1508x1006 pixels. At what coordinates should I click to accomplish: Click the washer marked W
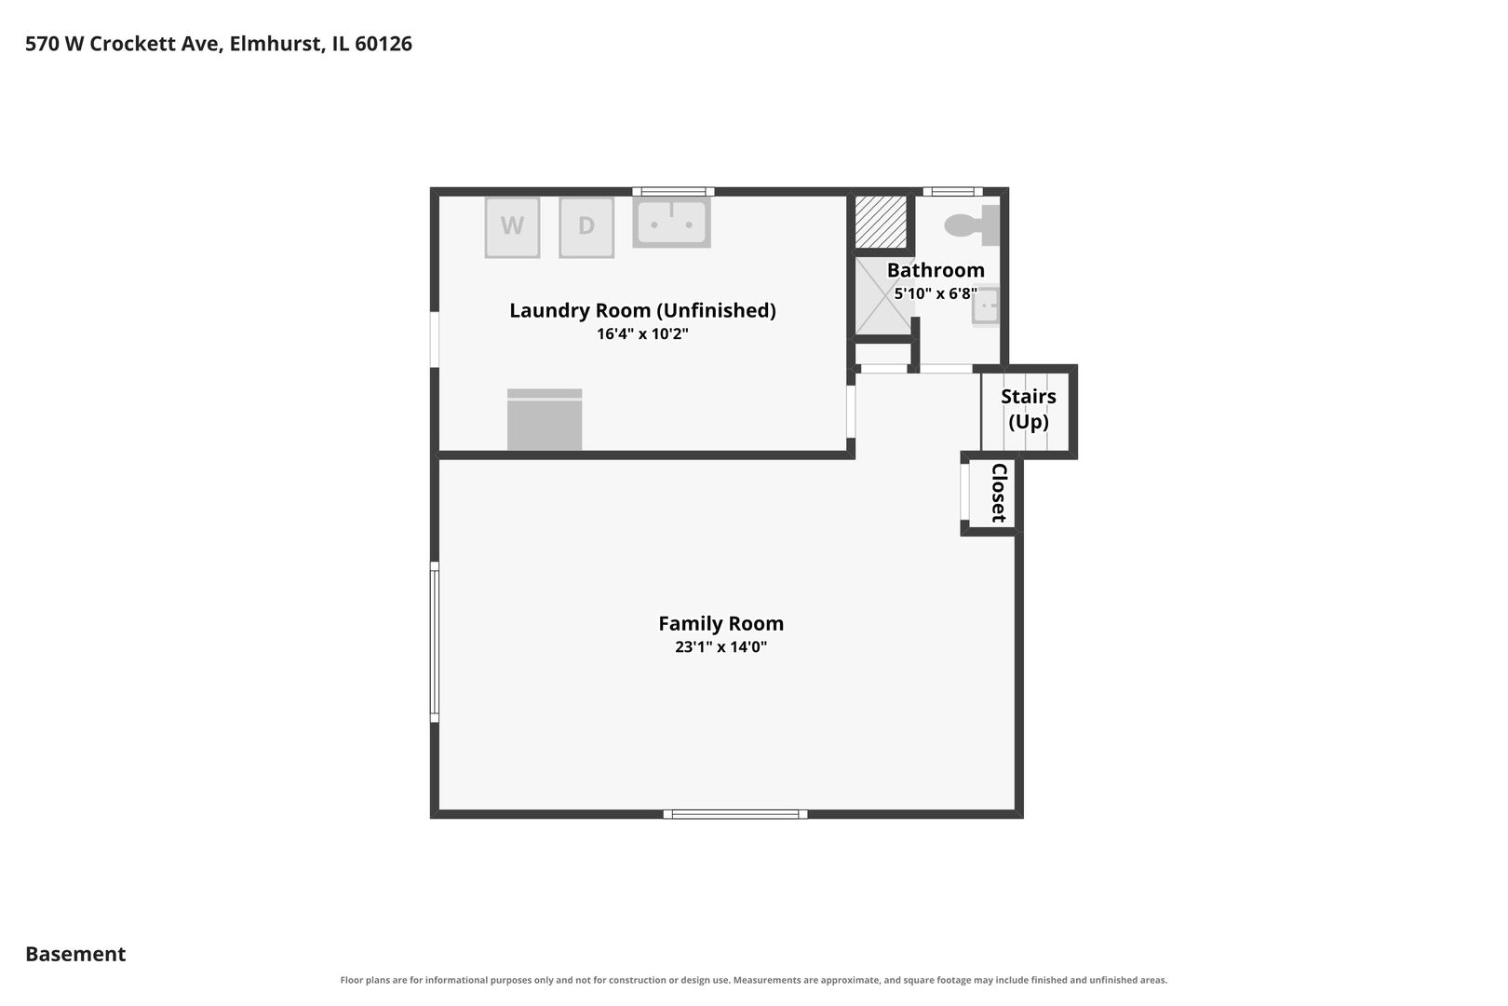click(512, 227)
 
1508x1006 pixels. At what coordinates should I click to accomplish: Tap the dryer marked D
click(586, 227)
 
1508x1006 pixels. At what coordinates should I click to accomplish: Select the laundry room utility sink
click(671, 222)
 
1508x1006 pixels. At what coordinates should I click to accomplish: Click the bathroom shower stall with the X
click(884, 296)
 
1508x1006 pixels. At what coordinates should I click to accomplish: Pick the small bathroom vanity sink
click(986, 306)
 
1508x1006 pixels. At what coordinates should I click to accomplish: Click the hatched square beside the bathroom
click(881, 222)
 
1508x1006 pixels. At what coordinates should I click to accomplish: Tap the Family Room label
click(721, 623)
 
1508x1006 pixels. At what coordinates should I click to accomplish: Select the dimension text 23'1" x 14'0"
click(721, 646)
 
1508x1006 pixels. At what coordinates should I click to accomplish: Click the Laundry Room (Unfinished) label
click(643, 310)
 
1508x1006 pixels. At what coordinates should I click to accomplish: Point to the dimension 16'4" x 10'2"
click(643, 333)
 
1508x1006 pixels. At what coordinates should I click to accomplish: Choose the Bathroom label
click(936, 270)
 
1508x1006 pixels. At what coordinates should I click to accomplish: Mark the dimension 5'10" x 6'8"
click(936, 293)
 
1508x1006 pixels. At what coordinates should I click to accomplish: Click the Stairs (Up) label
click(1028, 409)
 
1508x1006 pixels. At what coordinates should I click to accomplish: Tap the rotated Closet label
click(999, 493)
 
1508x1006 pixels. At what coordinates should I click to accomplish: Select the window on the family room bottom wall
click(735, 814)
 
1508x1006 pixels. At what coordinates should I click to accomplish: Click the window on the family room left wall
click(435, 642)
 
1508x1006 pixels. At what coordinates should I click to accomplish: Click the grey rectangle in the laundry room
click(545, 419)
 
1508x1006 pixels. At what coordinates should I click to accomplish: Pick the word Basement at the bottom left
click(75, 954)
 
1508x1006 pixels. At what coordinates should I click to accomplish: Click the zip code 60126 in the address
click(384, 44)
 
